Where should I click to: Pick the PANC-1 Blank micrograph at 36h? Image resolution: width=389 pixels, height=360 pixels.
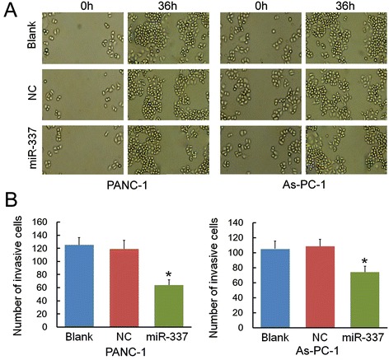point(151,37)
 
